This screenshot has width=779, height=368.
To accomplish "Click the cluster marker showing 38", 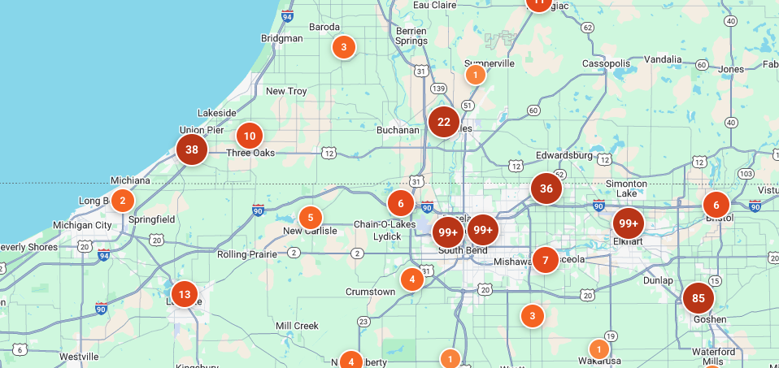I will coord(192,149).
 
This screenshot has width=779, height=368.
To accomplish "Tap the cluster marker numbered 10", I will coord(250,136).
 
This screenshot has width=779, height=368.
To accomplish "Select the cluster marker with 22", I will coord(444,123).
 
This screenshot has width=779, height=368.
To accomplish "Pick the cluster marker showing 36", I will coord(546,188).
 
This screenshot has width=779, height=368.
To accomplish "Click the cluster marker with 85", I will coord(698,298).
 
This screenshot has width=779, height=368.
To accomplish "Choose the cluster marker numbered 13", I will coord(185,294).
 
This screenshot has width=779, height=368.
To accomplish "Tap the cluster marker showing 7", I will coord(545,260).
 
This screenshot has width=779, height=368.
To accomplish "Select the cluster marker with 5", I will coord(310,218).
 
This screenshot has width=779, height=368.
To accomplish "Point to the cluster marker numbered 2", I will coord(122,201).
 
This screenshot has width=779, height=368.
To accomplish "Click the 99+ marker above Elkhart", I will coord(629,223).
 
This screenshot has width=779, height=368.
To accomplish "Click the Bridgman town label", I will coord(281,38).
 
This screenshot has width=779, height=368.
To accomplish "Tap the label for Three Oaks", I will coord(250,153).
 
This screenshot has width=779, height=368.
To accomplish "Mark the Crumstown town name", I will coord(370,292).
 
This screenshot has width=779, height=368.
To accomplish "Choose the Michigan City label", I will coord(82,225).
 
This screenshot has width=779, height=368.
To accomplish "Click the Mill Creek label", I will coord(297,326).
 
